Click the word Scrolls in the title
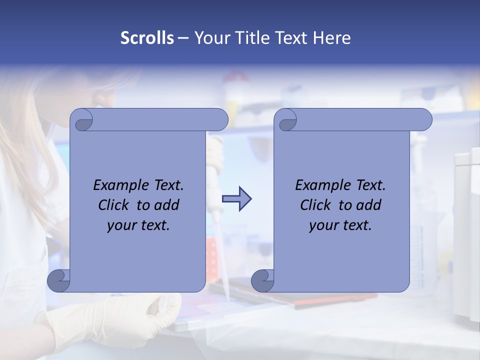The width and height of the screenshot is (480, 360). click(147, 38)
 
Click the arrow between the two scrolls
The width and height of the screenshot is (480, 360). click(236, 199)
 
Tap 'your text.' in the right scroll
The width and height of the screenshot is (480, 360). click(340, 225)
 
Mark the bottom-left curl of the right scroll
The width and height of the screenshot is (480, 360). click(262, 280)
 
